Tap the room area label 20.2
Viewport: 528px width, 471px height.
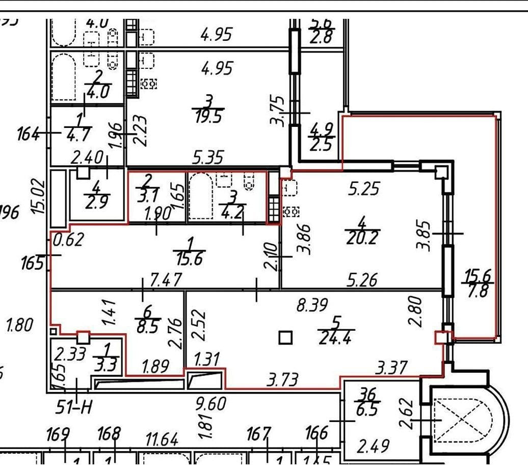click(x=362, y=238)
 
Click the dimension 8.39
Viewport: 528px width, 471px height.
click(x=311, y=306)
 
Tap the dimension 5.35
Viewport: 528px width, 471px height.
click(x=207, y=157)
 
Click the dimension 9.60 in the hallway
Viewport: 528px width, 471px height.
click(x=210, y=404)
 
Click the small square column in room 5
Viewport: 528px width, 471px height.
click(x=285, y=338)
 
